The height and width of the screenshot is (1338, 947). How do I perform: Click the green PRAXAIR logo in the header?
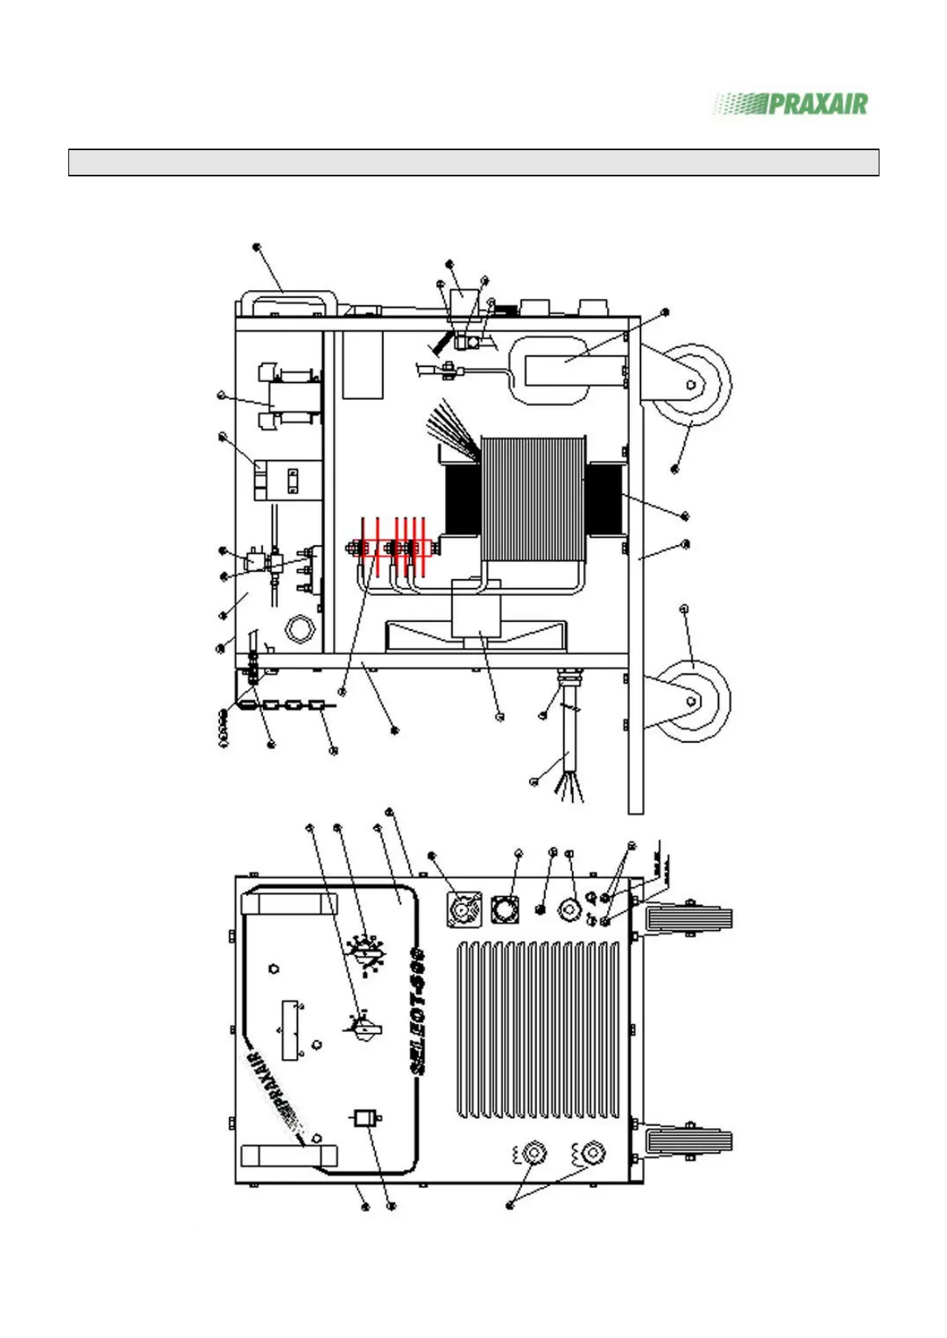(x=791, y=104)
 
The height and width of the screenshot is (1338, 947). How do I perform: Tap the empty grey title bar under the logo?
(x=473, y=162)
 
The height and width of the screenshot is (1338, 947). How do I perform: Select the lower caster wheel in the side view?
(x=690, y=700)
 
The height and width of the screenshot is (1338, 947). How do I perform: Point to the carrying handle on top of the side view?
(x=284, y=304)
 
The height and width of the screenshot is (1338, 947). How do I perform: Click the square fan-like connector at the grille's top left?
(x=466, y=907)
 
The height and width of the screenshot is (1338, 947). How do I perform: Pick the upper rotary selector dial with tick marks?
(x=366, y=951)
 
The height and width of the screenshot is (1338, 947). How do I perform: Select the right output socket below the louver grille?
(x=591, y=1152)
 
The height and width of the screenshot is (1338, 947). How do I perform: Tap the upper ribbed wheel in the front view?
(x=688, y=921)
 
